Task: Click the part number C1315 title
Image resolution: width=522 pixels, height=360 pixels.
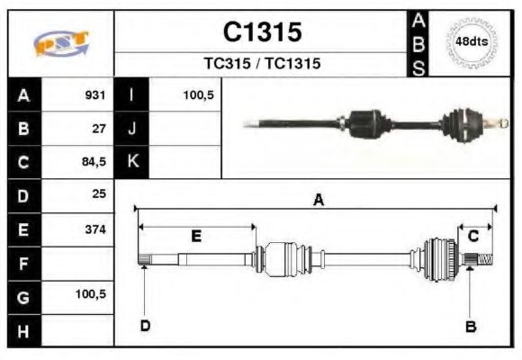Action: pyautogui.click(x=262, y=32)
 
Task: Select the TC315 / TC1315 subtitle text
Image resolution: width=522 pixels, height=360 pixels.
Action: pyautogui.click(x=262, y=64)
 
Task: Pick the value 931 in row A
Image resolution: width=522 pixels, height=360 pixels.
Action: pyautogui.click(x=94, y=95)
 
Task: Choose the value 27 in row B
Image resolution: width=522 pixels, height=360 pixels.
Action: pyautogui.click(x=99, y=129)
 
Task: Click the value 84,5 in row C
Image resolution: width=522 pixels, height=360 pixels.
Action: pyautogui.click(x=94, y=162)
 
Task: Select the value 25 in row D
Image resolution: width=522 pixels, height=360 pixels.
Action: pyautogui.click(x=99, y=194)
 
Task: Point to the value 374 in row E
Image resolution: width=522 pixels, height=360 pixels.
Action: pyautogui.click(x=94, y=229)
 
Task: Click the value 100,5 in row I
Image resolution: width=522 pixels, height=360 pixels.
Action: pyautogui.click(x=197, y=95)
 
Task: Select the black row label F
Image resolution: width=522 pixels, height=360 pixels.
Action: pyautogui.click(x=23, y=263)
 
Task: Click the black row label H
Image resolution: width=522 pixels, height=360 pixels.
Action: pyautogui.click(x=23, y=329)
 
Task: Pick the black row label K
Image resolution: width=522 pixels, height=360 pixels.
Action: pyautogui.click(x=131, y=162)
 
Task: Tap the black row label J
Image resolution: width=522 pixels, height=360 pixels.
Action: pyautogui.click(x=131, y=129)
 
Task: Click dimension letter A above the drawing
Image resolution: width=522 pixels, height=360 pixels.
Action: pyautogui.click(x=318, y=201)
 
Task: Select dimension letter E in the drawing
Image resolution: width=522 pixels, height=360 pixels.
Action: pyautogui.click(x=195, y=236)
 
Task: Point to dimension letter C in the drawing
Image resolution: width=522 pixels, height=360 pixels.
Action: pyautogui.click(x=472, y=236)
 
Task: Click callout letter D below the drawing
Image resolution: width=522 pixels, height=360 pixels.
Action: pyautogui.click(x=145, y=326)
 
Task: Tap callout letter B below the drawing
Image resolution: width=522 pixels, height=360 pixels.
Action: pyautogui.click(x=470, y=326)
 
